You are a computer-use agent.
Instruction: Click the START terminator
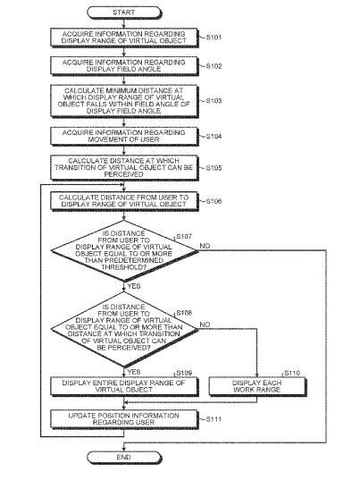tap(124, 13)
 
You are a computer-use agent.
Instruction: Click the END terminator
tap(124, 458)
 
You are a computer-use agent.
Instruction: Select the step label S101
tap(213, 38)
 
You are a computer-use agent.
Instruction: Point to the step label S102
tap(213, 66)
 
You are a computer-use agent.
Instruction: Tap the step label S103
tap(213, 101)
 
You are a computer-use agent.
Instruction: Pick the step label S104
tap(213, 136)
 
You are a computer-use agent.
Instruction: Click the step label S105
tap(213, 168)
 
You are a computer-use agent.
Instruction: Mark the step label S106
tap(213, 201)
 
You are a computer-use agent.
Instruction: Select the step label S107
tap(184, 236)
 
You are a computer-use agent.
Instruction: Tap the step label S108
tap(184, 313)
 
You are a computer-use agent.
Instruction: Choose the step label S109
tap(184, 373)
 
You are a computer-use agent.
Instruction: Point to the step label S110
tap(292, 373)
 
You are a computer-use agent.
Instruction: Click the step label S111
tap(213, 419)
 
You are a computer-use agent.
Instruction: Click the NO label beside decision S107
tap(205, 246)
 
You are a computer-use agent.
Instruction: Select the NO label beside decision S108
tap(205, 325)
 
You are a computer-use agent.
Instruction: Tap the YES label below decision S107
tap(134, 286)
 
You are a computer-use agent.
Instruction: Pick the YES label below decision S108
tap(134, 372)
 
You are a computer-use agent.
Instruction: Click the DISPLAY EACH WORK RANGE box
tap(257, 387)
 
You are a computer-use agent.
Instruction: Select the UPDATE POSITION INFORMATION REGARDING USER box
tap(124, 419)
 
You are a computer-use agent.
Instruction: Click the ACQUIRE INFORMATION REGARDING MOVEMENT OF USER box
tap(124, 136)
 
